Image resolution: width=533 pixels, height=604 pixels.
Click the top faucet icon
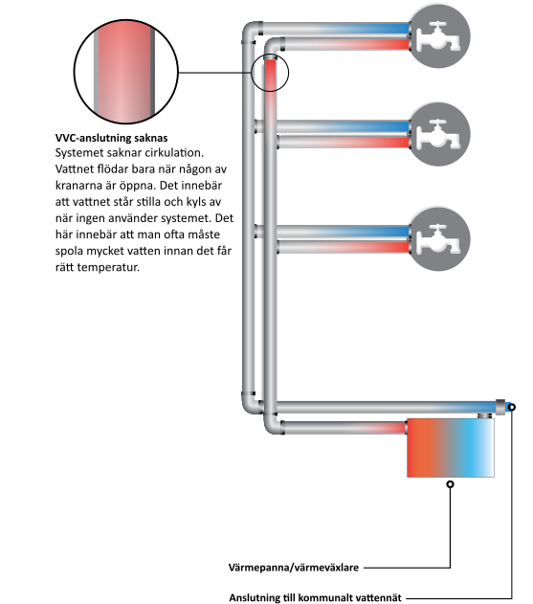(x=439, y=35)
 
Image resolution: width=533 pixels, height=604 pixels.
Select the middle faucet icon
(x=439, y=134)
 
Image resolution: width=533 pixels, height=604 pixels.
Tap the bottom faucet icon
(x=439, y=239)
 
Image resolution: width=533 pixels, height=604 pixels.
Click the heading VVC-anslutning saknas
(x=111, y=138)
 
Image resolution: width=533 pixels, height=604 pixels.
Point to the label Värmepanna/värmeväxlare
(x=294, y=568)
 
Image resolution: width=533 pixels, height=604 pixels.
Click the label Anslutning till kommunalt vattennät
(x=315, y=597)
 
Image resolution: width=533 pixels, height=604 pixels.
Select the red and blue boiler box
(x=451, y=448)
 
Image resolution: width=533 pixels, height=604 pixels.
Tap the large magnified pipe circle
(x=126, y=72)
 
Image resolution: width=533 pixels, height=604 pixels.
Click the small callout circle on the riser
(x=270, y=73)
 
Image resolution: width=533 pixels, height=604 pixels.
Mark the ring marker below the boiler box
(x=450, y=484)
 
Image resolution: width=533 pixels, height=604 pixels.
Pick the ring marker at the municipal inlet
(x=511, y=407)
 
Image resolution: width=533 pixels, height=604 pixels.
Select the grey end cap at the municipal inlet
(x=500, y=407)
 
